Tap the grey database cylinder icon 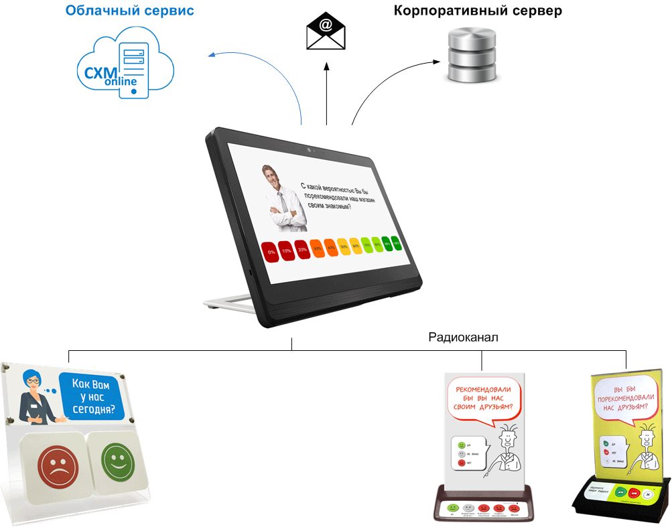pyautogui.click(x=472, y=56)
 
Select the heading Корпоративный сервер pyautogui.click(x=478, y=11)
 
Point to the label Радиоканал pyautogui.click(x=464, y=337)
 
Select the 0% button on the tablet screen pyautogui.click(x=271, y=252)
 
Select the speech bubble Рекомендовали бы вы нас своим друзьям pyautogui.click(x=483, y=398)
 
